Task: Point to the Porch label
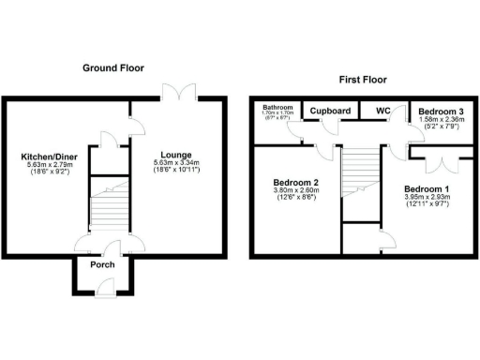[x=102, y=264]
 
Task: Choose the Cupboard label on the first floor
[x=330, y=112]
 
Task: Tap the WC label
[x=382, y=112]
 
